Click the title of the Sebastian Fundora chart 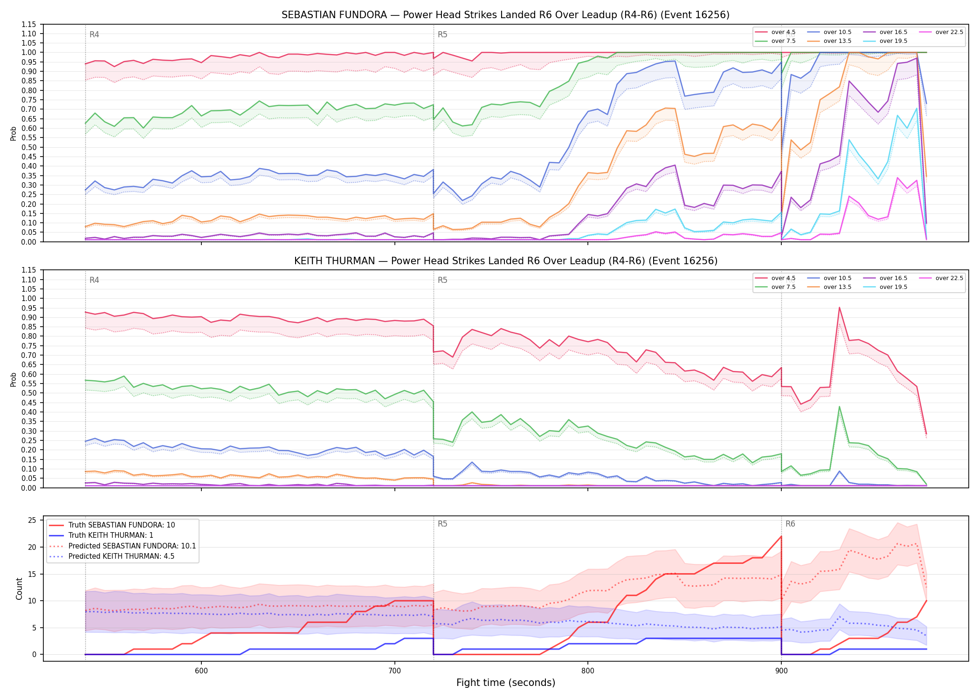(505, 15)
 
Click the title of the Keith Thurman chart (505, 261)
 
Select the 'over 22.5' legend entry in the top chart (941, 32)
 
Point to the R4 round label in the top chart (94, 34)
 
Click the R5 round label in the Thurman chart (442, 280)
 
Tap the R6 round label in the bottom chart (790, 524)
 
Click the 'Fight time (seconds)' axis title (506, 683)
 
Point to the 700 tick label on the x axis (394, 670)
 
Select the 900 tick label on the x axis (781, 670)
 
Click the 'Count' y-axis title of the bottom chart (19, 589)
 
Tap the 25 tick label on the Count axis (32, 520)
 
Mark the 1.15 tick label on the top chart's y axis (29, 24)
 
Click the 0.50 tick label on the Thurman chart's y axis (29, 393)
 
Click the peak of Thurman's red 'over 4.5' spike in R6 (839, 307)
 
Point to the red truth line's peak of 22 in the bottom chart (781, 536)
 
